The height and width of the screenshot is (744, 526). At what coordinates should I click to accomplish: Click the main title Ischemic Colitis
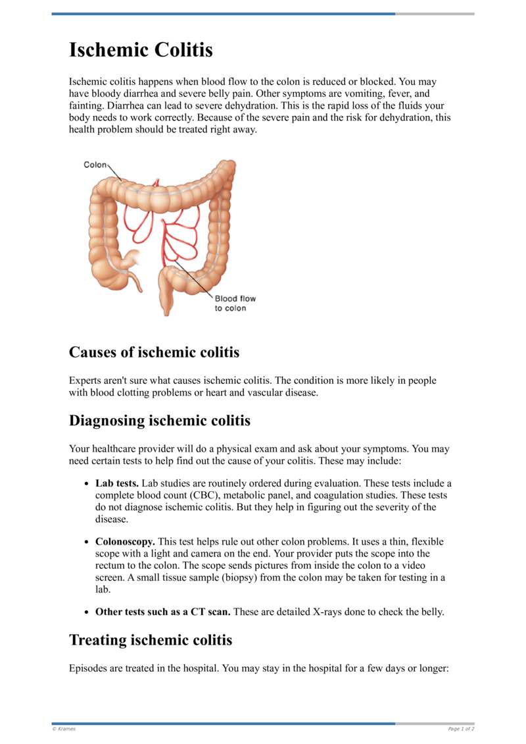click(x=141, y=49)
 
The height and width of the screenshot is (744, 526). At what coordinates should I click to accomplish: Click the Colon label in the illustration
click(x=95, y=165)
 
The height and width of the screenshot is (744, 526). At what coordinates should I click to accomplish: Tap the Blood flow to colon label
click(x=235, y=304)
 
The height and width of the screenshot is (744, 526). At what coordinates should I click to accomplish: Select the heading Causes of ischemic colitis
click(x=154, y=352)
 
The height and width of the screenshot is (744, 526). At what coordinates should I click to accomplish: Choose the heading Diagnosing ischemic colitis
click(x=159, y=420)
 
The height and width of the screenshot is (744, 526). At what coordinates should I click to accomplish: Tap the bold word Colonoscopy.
click(x=125, y=542)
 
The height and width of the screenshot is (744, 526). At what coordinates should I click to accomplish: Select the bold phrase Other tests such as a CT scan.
click(x=162, y=612)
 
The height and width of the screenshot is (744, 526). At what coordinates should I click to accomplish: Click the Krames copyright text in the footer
click(x=64, y=729)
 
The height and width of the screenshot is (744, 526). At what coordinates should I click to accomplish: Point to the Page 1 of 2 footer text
click(x=460, y=729)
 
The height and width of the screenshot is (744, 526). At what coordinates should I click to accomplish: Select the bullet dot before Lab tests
click(x=87, y=484)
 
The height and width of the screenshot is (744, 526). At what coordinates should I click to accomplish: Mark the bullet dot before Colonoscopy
click(x=87, y=543)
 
